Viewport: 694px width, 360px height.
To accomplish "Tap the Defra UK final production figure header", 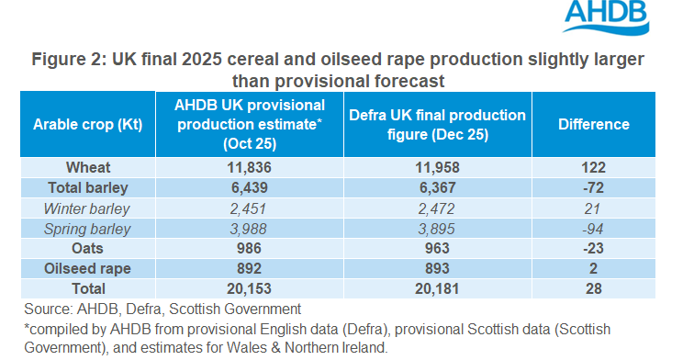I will [437, 124].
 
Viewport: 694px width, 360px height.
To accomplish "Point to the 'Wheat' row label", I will [88, 167].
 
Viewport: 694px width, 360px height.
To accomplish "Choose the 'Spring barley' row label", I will [88, 229].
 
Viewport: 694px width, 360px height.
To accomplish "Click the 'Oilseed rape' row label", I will [88, 269].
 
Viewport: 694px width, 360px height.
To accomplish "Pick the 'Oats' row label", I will [88, 249].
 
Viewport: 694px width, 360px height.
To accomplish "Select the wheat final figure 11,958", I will [437, 167].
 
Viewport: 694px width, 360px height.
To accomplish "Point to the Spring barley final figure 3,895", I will [437, 229].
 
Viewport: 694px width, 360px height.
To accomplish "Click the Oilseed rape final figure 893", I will [437, 269].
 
